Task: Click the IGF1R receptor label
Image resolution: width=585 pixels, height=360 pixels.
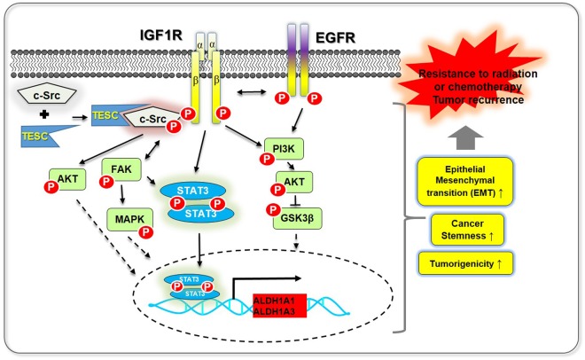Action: click(160, 35)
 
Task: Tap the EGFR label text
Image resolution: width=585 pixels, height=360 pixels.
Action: click(335, 37)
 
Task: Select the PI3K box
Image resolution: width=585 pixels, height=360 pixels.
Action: click(284, 149)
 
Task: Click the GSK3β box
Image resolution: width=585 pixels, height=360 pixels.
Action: click(297, 218)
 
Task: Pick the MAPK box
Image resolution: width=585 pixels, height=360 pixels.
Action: click(129, 219)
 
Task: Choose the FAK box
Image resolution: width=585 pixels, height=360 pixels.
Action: click(121, 169)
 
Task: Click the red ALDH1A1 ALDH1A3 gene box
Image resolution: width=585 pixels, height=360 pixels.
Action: click(279, 306)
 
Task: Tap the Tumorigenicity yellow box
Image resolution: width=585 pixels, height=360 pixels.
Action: click(465, 263)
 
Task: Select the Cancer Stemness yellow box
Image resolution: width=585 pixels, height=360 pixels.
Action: click(467, 230)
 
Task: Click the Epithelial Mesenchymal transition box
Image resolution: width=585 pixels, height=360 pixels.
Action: click(465, 181)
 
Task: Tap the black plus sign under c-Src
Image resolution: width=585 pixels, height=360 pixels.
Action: click(44, 114)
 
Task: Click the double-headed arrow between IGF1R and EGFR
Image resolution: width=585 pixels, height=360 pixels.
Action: click(252, 91)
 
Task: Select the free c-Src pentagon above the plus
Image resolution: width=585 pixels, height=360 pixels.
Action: click(47, 93)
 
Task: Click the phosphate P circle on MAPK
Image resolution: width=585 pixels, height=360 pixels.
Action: click(146, 232)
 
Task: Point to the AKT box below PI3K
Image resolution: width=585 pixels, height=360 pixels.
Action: click(294, 182)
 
